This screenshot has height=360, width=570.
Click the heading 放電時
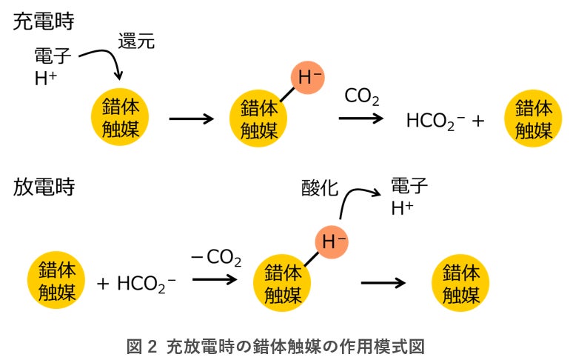(43, 186)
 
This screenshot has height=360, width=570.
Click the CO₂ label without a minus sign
(362, 96)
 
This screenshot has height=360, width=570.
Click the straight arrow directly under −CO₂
(215, 280)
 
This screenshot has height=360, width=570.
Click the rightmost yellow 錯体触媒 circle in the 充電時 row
(533, 119)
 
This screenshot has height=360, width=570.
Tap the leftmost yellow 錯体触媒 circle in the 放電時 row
(57, 282)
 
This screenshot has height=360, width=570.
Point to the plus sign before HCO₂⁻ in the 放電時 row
(104, 284)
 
